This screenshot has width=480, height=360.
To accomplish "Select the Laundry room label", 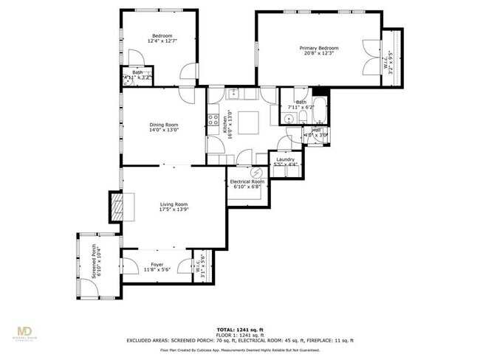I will pyautogui.click(x=286, y=159).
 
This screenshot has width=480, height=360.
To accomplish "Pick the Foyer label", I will pyautogui.click(x=157, y=264).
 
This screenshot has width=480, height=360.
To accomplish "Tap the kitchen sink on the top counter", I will pyautogui.click(x=233, y=93).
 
